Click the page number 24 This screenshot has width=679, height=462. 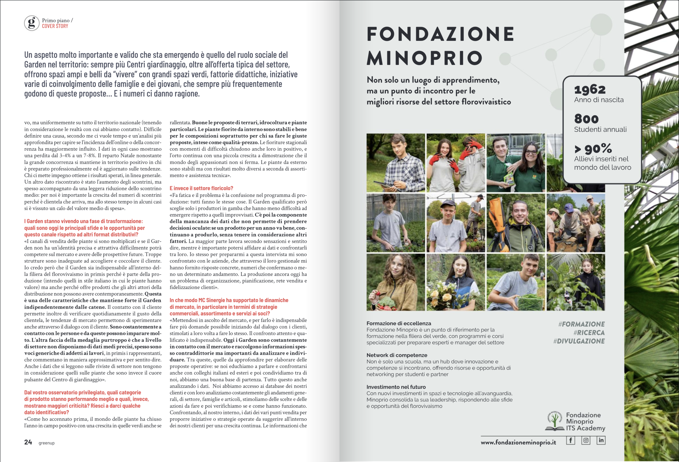pyautogui.click(x=28, y=442)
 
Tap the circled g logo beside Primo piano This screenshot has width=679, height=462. pyautogui.click(x=32, y=23)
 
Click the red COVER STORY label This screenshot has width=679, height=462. pyautogui.click(x=55, y=26)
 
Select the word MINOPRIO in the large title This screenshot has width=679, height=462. pyautogui.click(x=425, y=58)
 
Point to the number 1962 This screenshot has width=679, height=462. pyautogui.click(x=590, y=89)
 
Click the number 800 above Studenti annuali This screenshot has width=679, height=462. pyautogui.click(x=586, y=119)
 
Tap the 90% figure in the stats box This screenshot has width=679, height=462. pyautogui.click(x=598, y=148)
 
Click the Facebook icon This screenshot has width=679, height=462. pyautogui.click(x=570, y=441)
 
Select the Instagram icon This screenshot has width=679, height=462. pyautogui.click(x=586, y=441)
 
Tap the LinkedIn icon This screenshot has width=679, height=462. pyautogui.click(x=601, y=441)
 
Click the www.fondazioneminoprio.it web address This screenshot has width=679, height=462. pyautogui.click(x=518, y=442)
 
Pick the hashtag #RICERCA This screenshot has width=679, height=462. pyautogui.click(x=589, y=333)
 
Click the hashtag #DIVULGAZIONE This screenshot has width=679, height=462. pyautogui.click(x=579, y=341)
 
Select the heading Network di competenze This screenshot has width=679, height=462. pyautogui.click(x=397, y=355)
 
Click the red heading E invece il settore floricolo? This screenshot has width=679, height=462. pyautogui.click(x=201, y=188)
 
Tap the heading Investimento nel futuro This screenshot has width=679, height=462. pyautogui.click(x=396, y=387)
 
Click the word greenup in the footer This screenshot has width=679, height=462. pyautogui.click(x=46, y=443)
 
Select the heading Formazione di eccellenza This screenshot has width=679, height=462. pyautogui.click(x=399, y=323)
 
